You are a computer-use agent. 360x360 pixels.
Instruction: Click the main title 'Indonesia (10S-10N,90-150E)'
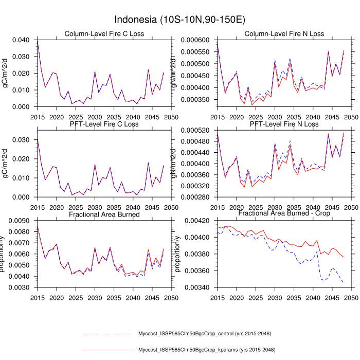[x=180, y=20]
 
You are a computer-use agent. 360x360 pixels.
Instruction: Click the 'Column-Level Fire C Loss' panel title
[x=104, y=34]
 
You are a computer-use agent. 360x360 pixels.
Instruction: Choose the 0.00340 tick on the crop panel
[x=200, y=287]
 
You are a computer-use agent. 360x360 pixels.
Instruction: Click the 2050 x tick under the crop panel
[x=351, y=297]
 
